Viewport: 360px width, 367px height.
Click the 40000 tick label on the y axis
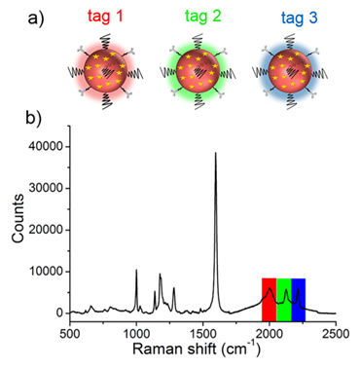coord(45,146)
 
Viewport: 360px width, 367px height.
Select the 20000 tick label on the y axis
coord(45,230)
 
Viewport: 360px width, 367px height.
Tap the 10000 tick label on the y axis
coord(45,272)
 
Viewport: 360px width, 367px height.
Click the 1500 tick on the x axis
coord(202,334)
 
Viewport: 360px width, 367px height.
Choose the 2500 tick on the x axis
coord(336,334)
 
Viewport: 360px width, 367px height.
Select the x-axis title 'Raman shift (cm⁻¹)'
coord(202,353)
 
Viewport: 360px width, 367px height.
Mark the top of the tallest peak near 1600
coord(216,153)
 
